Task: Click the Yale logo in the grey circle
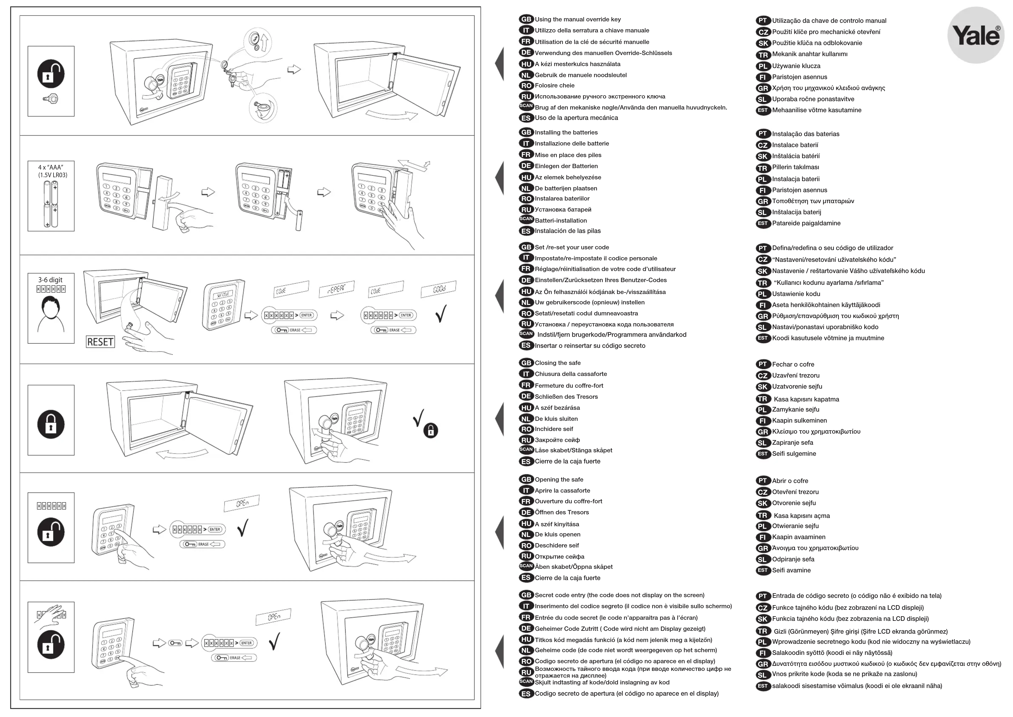(x=975, y=35)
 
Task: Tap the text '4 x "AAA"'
(x=51, y=167)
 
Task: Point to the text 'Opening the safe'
(x=559, y=479)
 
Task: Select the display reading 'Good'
(x=438, y=289)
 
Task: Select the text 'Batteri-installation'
(x=561, y=221)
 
